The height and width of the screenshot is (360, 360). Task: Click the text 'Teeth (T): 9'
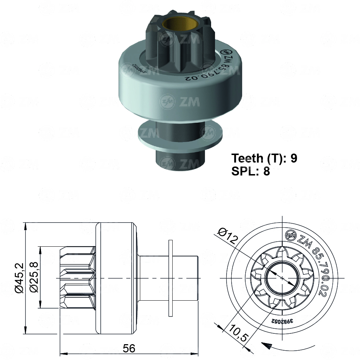tap(264, 158)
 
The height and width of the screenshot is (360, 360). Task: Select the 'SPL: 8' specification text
tap(251, 171)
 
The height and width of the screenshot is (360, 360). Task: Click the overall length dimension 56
tap(129, 348)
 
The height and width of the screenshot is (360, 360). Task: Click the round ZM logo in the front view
tap(291, 236)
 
